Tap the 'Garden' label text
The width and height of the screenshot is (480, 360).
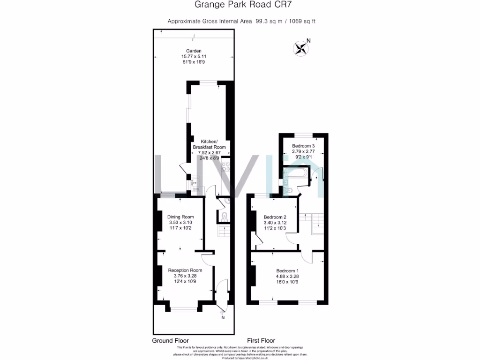pos(194,51)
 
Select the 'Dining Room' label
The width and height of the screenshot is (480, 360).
pos(180,217)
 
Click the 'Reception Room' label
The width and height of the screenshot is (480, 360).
pos(185,270)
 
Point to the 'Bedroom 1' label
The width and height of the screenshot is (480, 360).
pos(287,271)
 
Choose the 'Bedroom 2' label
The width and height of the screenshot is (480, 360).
pos(275,217)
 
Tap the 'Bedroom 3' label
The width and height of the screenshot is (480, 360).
pos(303,146)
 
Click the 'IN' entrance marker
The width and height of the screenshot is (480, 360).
pos(222,318)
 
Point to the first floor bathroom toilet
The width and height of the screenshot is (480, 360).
pos(289,190)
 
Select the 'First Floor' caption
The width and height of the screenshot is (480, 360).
pos(261,340)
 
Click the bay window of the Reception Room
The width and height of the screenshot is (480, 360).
pos(184,309)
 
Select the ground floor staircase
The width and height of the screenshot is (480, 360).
pos(224,232)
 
